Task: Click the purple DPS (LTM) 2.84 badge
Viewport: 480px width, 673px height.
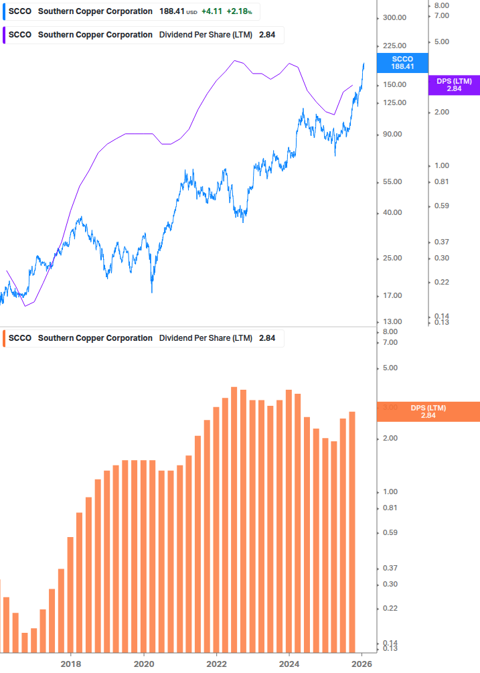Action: (x=454, y=84)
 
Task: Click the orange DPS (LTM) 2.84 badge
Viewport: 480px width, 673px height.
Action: (x=428, y=411)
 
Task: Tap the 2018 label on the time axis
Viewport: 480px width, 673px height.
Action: (x=71, y=664)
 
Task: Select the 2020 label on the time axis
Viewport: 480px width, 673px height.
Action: (x=144, y=664)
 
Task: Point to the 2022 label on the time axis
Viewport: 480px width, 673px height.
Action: (x=216, y=664)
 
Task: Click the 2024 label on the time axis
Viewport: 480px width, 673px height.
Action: (x=289, y=664)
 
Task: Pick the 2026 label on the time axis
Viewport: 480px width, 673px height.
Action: (x=362, y=664)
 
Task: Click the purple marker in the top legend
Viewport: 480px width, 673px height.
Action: (x=5, y=35)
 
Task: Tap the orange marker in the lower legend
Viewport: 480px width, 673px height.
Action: (x=5, y=338)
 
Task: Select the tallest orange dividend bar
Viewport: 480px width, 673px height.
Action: (x=234, y=519)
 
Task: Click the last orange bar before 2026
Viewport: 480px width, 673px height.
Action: (x=352, y=532)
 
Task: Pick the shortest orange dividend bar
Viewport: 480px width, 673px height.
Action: (x=25, y=642)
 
